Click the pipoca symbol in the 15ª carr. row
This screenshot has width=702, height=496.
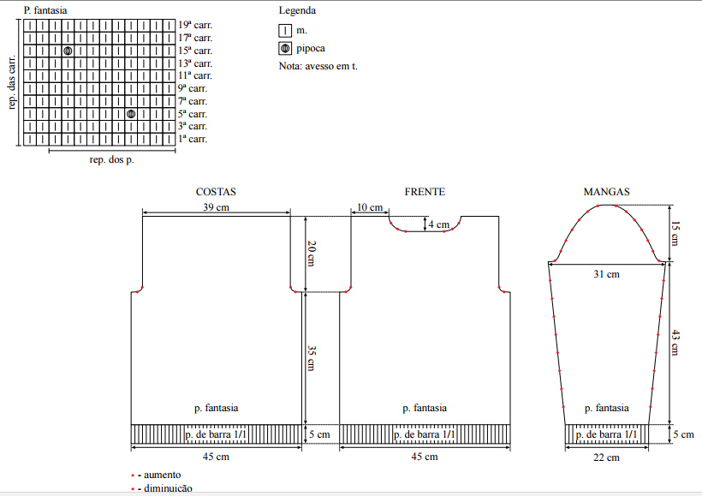68,51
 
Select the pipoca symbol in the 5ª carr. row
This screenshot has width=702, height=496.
131,114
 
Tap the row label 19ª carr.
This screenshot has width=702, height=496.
195,25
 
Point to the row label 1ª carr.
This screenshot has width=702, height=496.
193,139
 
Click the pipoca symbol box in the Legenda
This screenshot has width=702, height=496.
285,48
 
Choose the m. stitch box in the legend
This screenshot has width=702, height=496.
285,31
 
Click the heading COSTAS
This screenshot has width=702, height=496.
216,192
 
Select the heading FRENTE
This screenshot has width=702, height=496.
425,192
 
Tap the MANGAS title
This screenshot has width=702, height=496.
607,192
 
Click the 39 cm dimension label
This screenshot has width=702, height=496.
217,207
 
